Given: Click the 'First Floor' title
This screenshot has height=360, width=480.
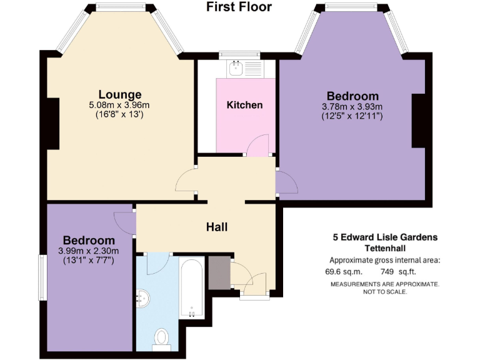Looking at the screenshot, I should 239,7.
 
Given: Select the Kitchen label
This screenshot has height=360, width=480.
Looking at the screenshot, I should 244,104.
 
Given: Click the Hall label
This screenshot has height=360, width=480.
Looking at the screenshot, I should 216,227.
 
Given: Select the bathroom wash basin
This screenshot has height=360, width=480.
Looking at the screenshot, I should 144,299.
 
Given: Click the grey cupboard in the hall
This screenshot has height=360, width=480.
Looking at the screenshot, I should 219,272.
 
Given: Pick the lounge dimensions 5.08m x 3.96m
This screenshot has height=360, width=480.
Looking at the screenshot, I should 119,105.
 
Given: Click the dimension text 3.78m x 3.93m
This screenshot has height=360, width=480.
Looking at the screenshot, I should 352,106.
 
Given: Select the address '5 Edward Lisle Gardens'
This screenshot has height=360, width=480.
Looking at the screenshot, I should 384,237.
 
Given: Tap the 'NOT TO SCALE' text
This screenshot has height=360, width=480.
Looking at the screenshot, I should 384,291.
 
